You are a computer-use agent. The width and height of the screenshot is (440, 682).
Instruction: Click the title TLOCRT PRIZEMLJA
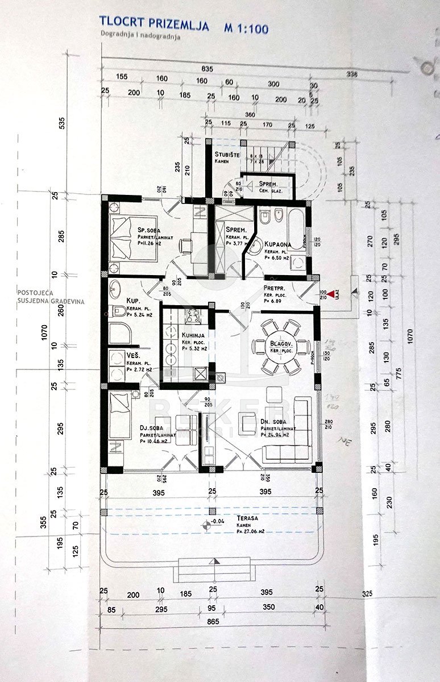[153, 24]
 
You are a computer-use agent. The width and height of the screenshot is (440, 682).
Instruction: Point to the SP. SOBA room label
[150, 230]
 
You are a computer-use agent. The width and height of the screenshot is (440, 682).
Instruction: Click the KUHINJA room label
[193, 335]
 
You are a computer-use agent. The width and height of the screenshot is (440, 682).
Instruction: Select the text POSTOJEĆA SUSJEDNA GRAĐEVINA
[51, 296]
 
